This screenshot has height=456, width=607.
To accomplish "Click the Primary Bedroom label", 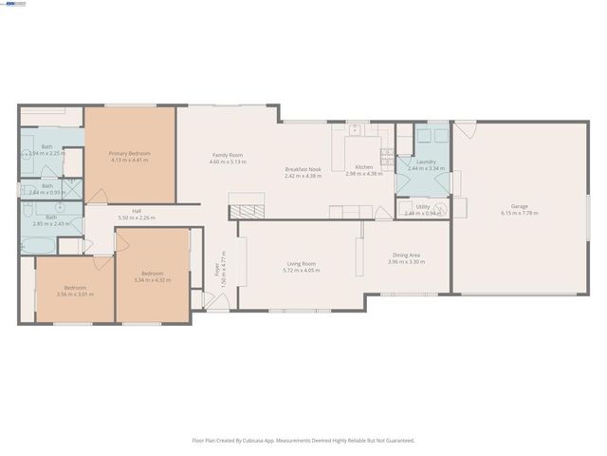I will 129,153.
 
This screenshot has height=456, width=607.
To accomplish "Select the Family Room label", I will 228,155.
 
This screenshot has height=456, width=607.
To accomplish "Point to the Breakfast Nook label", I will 303,169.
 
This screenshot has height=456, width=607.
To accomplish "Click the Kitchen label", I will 363,167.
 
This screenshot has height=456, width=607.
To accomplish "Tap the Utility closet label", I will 422,206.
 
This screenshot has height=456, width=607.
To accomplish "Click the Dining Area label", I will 406,255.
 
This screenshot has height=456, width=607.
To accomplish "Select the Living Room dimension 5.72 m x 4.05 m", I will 302,271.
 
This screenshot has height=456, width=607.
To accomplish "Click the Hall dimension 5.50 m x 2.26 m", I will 137,218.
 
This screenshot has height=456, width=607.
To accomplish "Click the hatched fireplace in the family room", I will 248,211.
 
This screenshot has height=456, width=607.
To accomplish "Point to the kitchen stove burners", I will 386,152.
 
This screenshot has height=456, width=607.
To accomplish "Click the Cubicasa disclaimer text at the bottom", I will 303,440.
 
